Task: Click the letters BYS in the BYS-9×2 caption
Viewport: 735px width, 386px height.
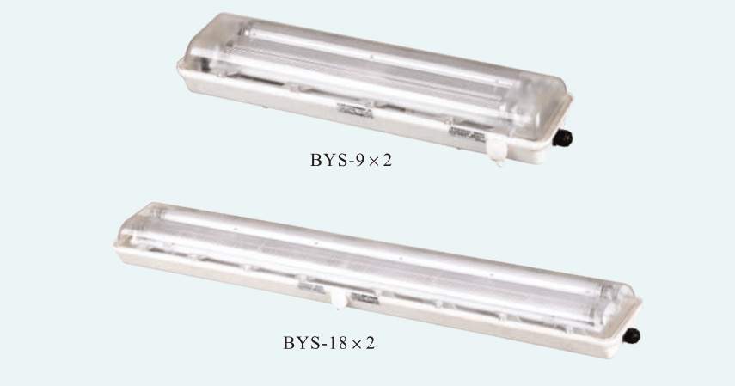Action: pos(328,161)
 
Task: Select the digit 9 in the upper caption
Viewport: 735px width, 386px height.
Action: pos(359,161)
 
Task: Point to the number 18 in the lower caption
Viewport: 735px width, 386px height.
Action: pos(338,343)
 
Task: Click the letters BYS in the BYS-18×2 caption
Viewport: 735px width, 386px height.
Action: pos(301,343)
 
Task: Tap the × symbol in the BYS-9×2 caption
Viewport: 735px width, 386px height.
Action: pos(374,162)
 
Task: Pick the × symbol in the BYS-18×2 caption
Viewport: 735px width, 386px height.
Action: pos(357,344)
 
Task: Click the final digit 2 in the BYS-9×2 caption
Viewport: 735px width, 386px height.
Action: pos(387,161)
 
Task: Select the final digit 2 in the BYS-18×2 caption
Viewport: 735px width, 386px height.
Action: pos(370,343)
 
